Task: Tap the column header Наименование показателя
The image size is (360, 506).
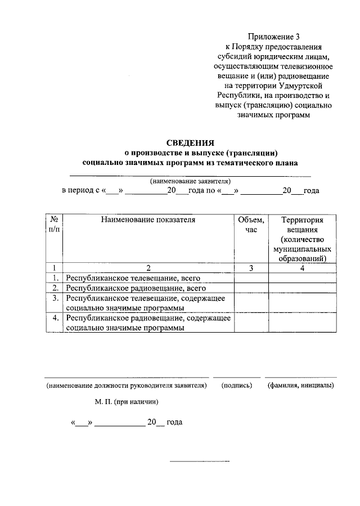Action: [148, 220]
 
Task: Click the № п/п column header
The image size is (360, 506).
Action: [55, 225]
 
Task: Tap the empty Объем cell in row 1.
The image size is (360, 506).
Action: [251, 278]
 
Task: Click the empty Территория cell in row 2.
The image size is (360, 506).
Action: [301, 288]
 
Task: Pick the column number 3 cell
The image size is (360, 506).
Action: [251, 268]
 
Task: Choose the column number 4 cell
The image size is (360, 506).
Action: [301, 268]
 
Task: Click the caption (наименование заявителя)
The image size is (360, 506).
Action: [190, 181]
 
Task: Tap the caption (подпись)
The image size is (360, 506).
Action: [237, 386]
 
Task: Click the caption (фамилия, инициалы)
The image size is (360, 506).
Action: [301, 386]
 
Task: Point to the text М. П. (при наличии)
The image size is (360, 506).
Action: [127, 402]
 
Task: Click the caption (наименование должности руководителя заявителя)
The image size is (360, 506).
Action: [127, 386]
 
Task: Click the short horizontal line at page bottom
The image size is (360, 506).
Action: [200, 462]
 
